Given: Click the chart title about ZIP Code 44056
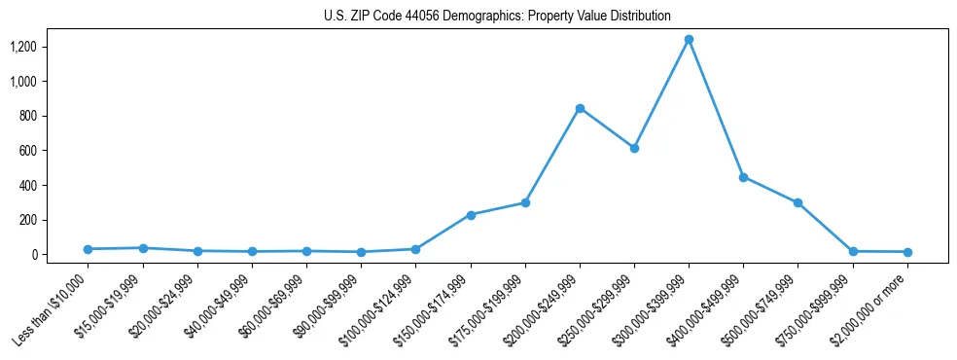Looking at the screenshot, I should pyautogui.click(x=497, y=16).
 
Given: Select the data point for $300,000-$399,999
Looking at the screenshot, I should pyautogui.click(x=689, y=40).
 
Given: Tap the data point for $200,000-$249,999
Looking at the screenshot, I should pyautogui.click(x=580, y=108).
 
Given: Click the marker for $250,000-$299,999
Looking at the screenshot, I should pyautogui.click(x=634, y=149).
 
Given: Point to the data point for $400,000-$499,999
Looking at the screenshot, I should pyautogui.click(x=743, y=177).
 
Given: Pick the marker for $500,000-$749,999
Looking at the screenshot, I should pyautogui.click(x=797, y=202).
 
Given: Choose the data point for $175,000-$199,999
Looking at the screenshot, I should pyautogui.click(x=525, y=202).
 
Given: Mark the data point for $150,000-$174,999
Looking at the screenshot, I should pyautogui.click(x=471, y=215).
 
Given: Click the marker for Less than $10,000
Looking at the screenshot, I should pyautogui.click(x=88, y=249).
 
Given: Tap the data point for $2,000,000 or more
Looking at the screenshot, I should pyautogui.click(x=907, y=252).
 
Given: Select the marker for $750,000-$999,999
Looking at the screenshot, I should pyautogui.click(x=853, y=251).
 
